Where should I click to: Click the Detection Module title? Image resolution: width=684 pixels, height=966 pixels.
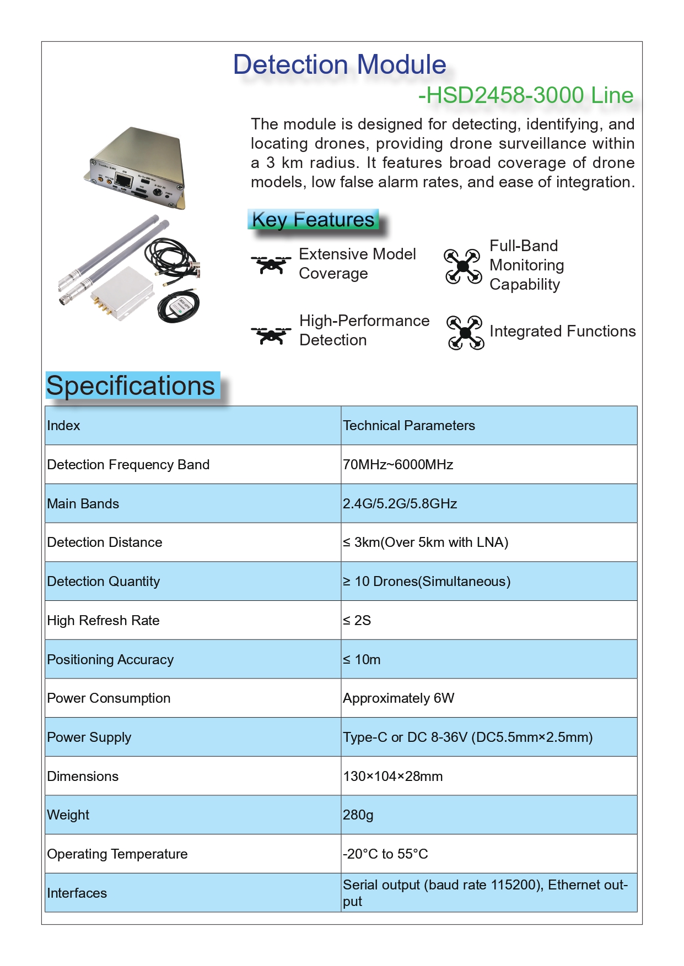pos(340,64)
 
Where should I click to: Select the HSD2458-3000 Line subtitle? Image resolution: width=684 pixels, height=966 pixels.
pos(526,95)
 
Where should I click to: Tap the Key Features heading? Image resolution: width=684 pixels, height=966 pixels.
pos(313,220)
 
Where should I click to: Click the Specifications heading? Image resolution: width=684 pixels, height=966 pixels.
pos(131,386)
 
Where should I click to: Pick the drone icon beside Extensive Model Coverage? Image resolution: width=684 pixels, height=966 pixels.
pos(271,264)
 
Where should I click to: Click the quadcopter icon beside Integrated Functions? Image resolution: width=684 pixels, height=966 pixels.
pos(465,332)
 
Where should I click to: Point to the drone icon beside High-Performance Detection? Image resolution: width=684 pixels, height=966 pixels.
pos(271,335)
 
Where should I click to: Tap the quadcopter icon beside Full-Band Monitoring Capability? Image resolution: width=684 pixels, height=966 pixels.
pos(462,266)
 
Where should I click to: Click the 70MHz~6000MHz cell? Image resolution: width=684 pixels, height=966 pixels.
pos(398,465)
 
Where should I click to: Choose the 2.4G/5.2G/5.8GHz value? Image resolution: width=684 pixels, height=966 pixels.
pos(400,504)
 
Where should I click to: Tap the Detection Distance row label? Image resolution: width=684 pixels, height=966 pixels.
pos(105,542)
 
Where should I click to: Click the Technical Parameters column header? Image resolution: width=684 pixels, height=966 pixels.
pos(408,426)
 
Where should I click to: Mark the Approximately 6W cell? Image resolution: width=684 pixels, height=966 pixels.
pos(398,698)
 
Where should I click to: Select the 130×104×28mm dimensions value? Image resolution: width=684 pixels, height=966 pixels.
pos(392,777)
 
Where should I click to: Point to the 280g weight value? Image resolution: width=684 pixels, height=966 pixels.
pos(358,815)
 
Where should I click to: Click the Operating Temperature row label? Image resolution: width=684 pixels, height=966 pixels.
pos(117,854)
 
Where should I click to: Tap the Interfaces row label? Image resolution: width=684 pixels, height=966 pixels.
pos(77,893)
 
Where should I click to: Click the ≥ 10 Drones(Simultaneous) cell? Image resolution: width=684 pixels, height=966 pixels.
pos(427,582)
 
